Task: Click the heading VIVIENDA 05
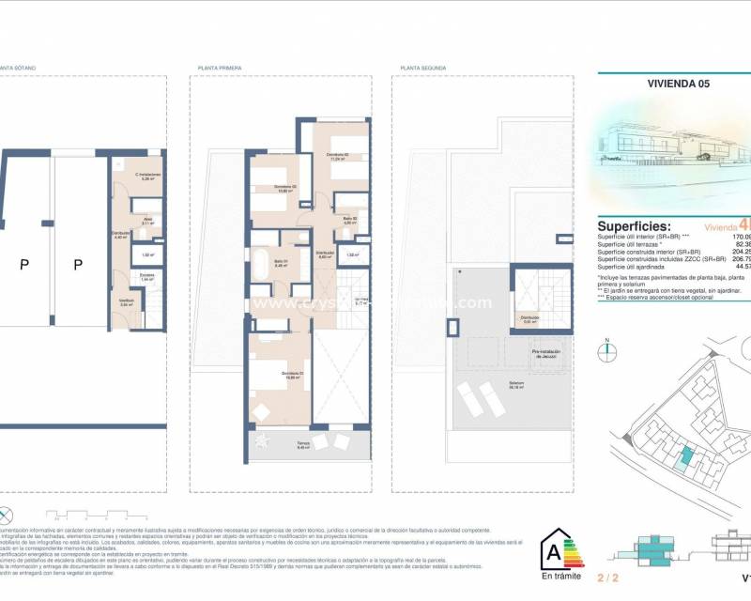(679, 83)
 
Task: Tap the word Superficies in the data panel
(635, 226)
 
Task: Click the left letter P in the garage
(24, 265)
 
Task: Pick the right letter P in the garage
(79, 265)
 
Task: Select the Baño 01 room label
(281, 262)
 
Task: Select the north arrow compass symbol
(607, 349)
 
